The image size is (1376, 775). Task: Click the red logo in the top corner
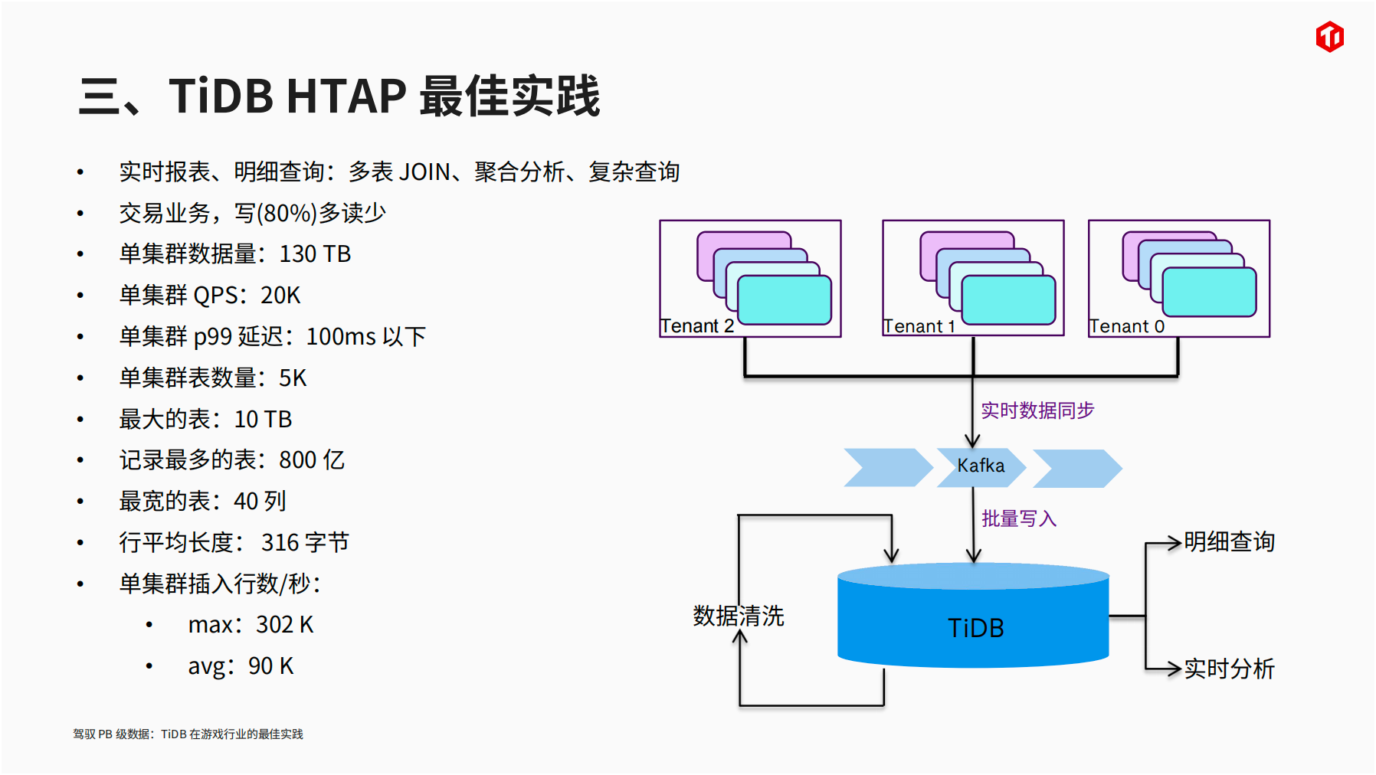pos(1329,37)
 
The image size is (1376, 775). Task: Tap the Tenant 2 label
pos(697,326)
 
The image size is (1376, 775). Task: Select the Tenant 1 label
pos(919,326)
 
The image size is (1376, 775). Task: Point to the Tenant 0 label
pos(1126,326)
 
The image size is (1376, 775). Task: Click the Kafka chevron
pos(981,467)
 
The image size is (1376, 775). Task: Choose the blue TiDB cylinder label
pos(975,628)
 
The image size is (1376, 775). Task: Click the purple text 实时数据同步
pos(1037,410)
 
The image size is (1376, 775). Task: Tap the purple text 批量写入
pos(1019,518)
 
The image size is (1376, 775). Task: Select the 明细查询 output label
pos(1229,541)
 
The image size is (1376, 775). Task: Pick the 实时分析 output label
pos(1229,669)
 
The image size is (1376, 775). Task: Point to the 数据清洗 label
pos(739,616)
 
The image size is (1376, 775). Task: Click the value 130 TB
pos(315,253)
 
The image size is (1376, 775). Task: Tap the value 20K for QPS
pos(280,295)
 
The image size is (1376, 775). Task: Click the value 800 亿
pos(312,459)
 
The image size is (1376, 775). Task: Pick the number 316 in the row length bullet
pos(280,542)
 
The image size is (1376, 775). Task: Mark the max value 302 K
pos(285,624)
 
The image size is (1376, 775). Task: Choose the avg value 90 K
pos(270,665)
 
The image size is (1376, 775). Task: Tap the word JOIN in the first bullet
pos(424,172)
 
